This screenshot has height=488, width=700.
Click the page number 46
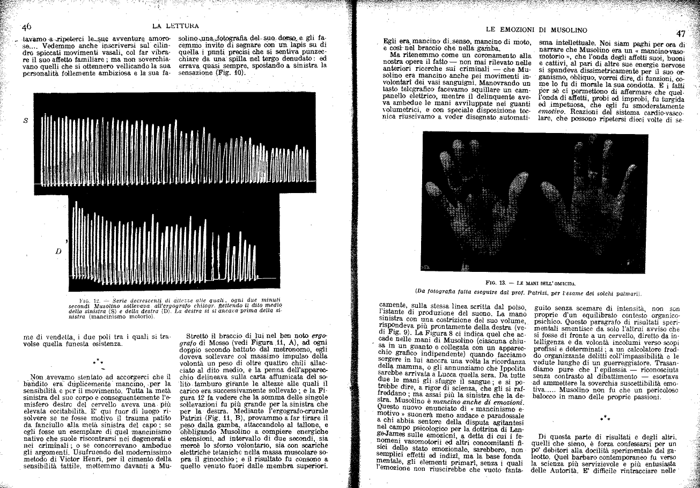point(26,27)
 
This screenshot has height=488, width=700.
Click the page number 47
point(680,34)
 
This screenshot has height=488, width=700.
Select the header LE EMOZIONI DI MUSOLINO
point(536,29)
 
